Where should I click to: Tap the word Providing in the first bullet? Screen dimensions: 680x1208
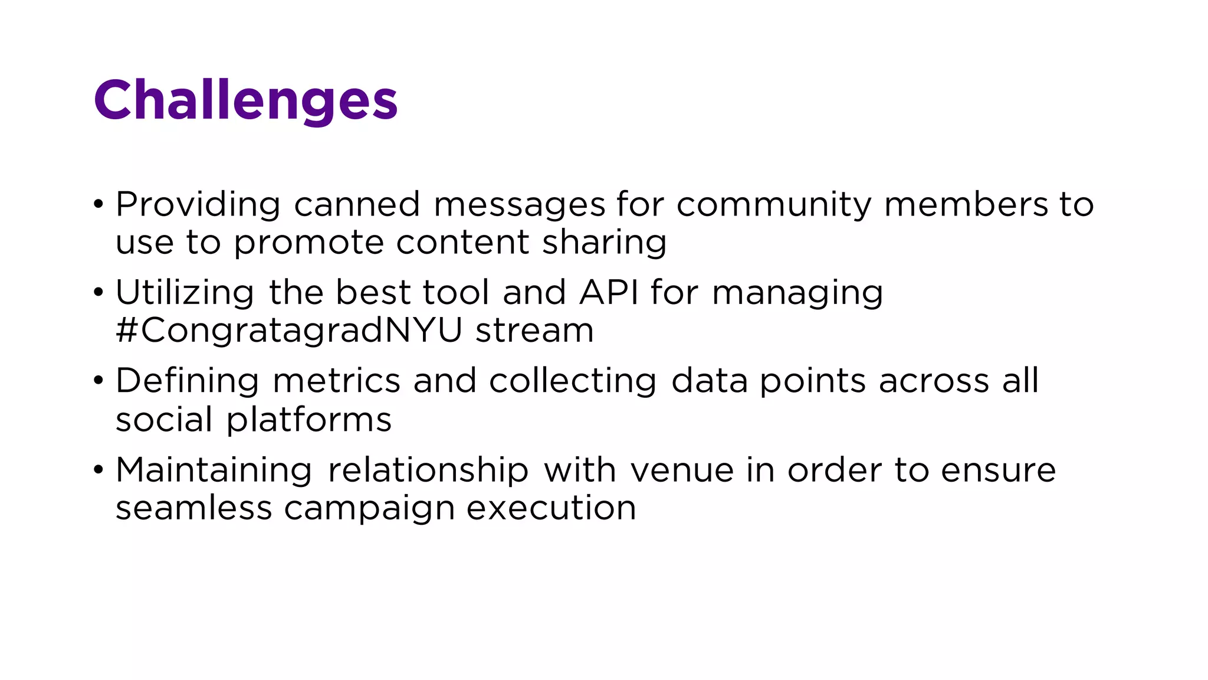pyautogui.click(x=198, y=205)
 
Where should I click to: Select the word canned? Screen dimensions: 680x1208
pyautogui.click(x=357, y=205)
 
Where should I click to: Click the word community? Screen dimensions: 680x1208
pyautogui.click(x=773, y=205)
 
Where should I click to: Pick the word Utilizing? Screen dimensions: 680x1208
pyautogui.click(x=185, y=293)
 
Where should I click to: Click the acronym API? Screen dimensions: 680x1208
pyautogui.click(x=609, y=293)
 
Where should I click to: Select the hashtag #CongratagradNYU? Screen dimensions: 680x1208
pyautogui.click(x=289, y=331)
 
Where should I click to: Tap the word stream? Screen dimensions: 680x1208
pyautogui.click(x=534, y=331)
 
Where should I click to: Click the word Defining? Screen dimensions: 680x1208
pyautogui.click(x=187, y=381)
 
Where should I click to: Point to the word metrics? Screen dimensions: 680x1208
pyautogui.click(x=336, y=381)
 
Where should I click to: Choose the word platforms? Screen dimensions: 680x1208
pyautogui.click(x=309, y=420)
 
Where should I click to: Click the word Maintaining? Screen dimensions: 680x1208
pyautogui.click(x=214, y=470)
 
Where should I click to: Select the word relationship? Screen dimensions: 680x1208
pyautogui.click(x=428, y=470)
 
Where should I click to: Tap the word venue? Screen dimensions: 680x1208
pyautogui.click(x=682, y=470)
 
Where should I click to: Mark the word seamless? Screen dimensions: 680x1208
pyautogui.click(x=193, y=508)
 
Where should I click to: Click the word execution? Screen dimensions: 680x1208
pyautogui.click(x=552, y=508)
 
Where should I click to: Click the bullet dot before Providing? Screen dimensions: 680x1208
pyautogui.click(x=99, y=205)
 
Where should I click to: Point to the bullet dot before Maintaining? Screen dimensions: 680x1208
pyautogui.click(x=99, y=471)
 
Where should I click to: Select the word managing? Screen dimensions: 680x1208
pyautogui.click(x=797, y=294)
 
